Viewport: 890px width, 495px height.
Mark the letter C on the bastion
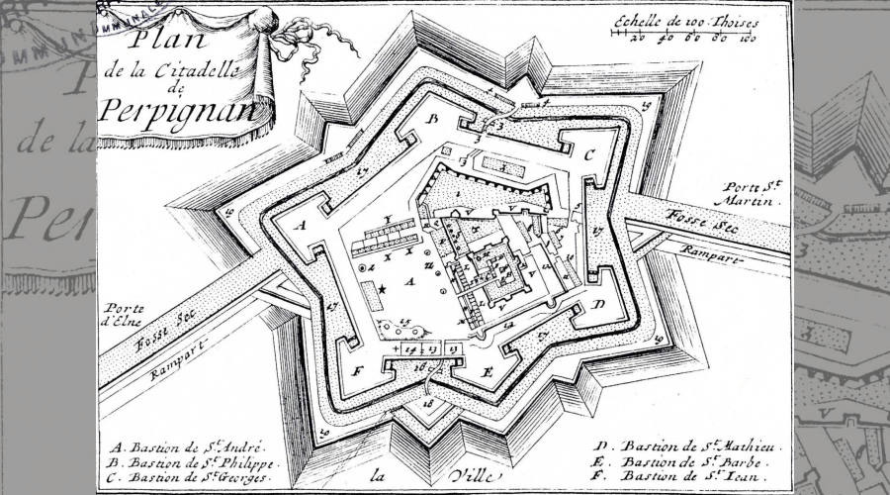pyautogui.click(x=586, y=154)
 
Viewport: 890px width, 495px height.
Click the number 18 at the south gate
pyautogui.click(x=429, y=404)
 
